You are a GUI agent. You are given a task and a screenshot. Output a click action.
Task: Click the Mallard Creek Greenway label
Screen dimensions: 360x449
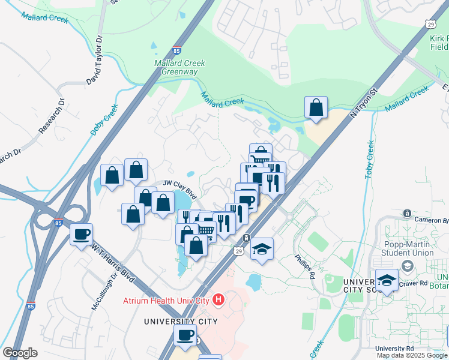179,67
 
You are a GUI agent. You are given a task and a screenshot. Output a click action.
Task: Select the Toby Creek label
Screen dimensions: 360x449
370,158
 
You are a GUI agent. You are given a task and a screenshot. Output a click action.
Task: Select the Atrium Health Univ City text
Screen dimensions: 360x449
165,300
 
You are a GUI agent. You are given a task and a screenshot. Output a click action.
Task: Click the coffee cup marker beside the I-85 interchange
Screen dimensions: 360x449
81,233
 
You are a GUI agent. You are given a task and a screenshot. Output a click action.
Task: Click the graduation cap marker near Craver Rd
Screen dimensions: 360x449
387,280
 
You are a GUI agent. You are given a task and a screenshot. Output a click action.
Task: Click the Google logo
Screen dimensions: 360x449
20,353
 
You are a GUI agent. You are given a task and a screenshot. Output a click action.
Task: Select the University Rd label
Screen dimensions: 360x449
394,349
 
